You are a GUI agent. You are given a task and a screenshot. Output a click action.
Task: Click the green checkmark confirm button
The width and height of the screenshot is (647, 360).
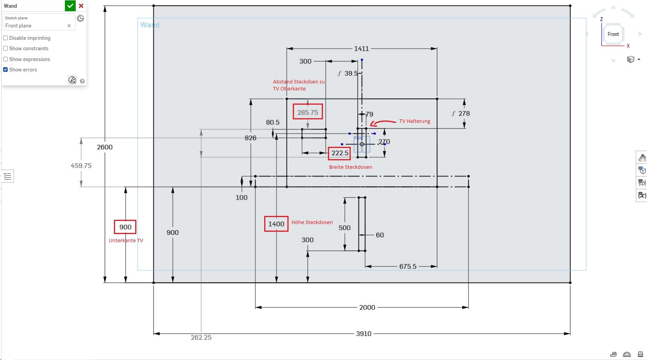pos(70,6)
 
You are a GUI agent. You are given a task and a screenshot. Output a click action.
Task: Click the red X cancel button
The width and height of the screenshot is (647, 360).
pos(81,6)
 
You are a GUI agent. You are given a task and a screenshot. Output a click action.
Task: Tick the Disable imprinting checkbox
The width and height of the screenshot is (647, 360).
pos(5,38)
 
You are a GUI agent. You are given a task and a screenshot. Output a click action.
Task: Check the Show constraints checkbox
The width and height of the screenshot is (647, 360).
pos(5,48)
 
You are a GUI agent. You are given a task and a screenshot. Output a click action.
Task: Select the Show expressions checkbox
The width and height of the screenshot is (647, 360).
pos(5,59)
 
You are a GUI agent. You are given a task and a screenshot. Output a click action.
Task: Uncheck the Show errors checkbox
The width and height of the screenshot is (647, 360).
pos(5,70)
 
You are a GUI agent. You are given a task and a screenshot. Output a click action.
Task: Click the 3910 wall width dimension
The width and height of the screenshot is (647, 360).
pos(363,334)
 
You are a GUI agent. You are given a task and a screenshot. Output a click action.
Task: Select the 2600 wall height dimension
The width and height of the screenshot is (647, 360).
pos(105,147)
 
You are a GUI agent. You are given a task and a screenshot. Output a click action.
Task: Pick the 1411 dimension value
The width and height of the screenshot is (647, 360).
pos(361,49)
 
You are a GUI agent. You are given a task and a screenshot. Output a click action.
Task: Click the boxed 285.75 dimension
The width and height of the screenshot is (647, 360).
pos(307,112)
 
